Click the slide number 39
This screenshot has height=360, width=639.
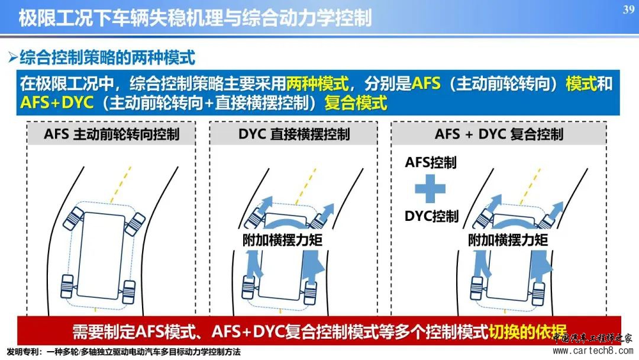[x=628, y=9]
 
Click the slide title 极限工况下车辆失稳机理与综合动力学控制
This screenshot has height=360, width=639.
[x=195, y=18]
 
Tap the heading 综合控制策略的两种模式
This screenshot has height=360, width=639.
[x=108, y=57]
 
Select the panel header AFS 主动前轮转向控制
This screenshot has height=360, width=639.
[x=112, y=134]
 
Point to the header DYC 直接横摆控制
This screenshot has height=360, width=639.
[x=294, y=134]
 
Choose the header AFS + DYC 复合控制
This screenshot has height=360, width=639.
[x=499, y=134]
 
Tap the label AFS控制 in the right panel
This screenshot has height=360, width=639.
[x=430, y=162]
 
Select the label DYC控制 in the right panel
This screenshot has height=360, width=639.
[x=431, y=216]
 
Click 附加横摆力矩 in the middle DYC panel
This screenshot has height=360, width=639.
[x=282, y=240]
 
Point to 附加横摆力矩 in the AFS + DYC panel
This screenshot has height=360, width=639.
[x=508, y=240]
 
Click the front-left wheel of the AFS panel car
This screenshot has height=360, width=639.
[x=73, y=218]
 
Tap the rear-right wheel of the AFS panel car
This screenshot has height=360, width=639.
[x=129, y=292]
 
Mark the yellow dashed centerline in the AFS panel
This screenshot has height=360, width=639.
[x=121, y=184]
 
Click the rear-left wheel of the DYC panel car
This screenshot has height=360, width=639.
[x=248, y=288]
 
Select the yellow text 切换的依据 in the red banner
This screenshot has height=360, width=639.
[x=527, y=332]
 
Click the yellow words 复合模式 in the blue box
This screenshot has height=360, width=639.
[x=356, y=103]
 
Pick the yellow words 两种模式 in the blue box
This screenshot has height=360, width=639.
[x=317, y=83]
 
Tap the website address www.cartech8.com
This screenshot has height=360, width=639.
[x=592, y=351]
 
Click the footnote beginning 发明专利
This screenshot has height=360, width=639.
[x=124, y=352]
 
